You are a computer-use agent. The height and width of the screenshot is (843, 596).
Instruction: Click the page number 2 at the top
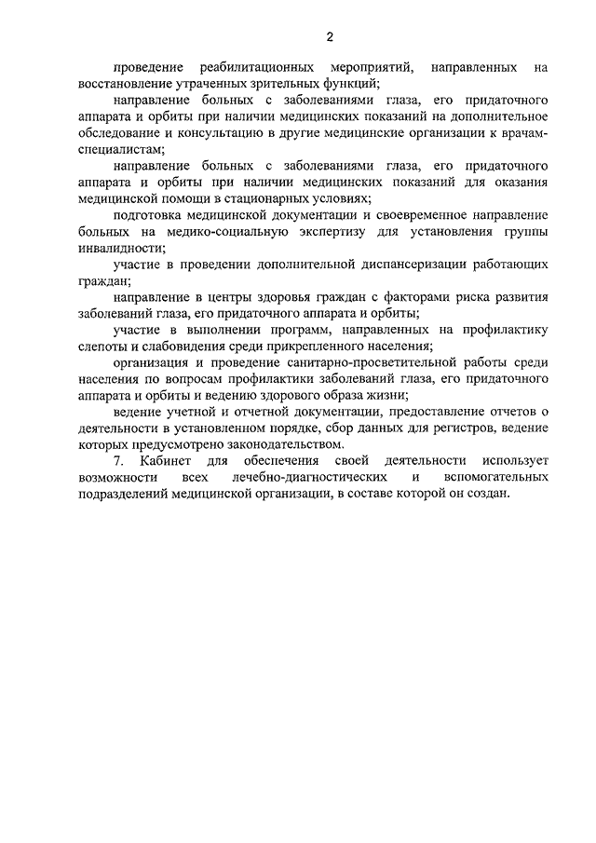click(x=329, y=37)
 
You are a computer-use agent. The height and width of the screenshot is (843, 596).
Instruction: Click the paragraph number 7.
click(x=116, y=461)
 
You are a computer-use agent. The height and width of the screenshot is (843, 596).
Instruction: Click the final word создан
click(x=488, y=494)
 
